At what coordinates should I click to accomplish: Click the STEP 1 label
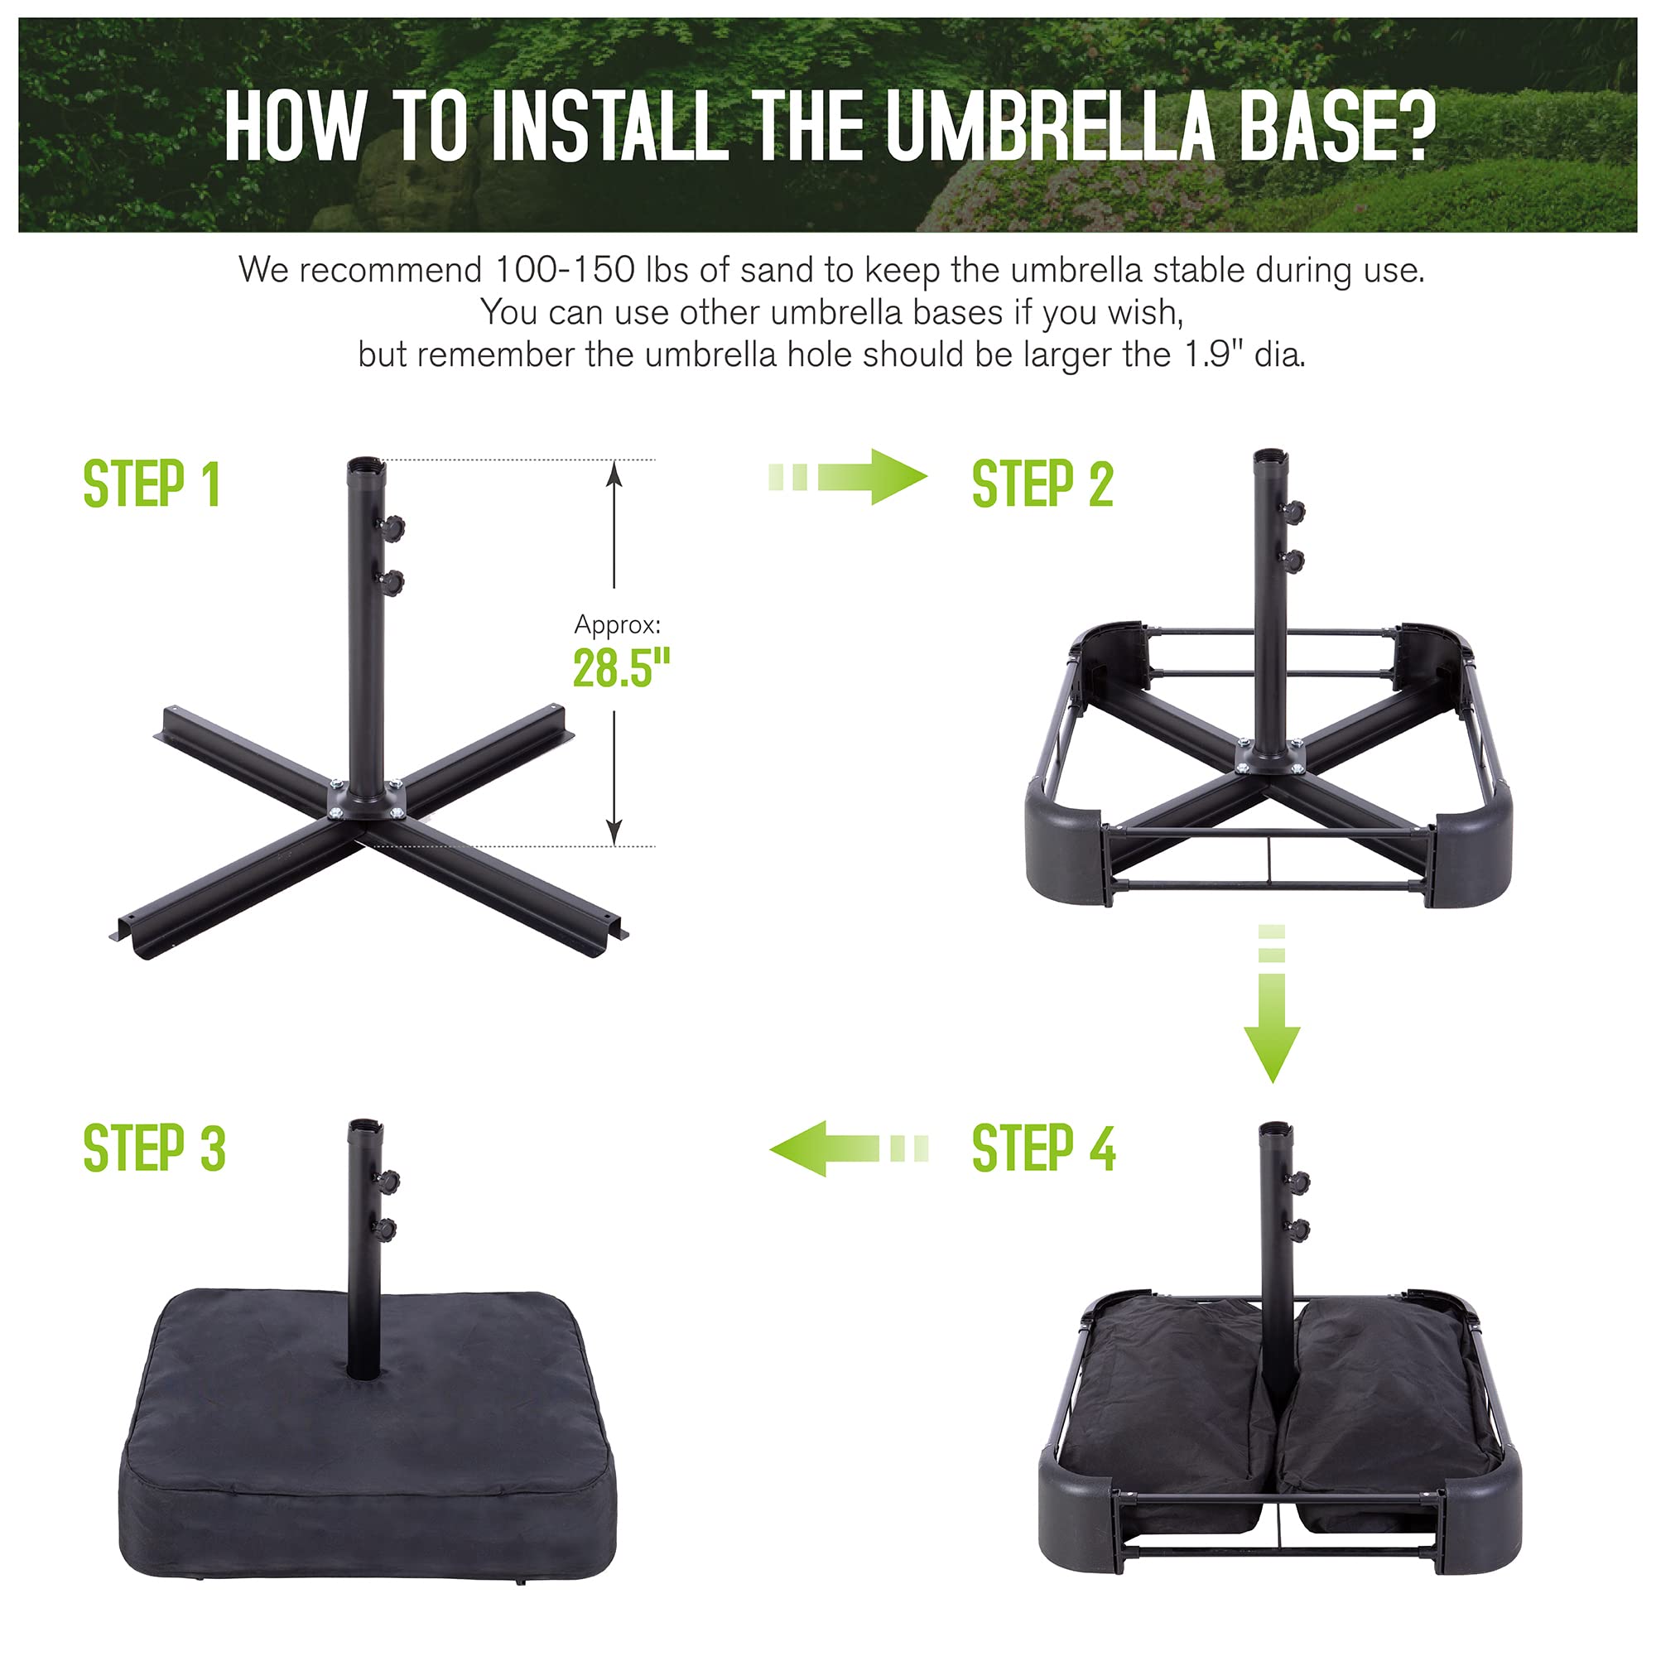(x=152, y=484)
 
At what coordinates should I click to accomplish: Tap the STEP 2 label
(x=1042, y=484)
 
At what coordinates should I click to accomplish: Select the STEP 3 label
(x=154, y=1148)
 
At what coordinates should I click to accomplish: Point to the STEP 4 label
(x=1044, y=1148)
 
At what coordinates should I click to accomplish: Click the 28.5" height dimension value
(x=622, y=667)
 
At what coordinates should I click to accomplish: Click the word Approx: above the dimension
(x=617, y=625)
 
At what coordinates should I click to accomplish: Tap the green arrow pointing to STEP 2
(x=848, y=477)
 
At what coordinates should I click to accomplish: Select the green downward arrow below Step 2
(x=1272, y=1004)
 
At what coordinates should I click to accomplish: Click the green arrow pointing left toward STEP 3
(x=849, y=1148)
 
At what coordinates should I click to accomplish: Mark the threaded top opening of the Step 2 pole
(x=1269, y=455)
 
